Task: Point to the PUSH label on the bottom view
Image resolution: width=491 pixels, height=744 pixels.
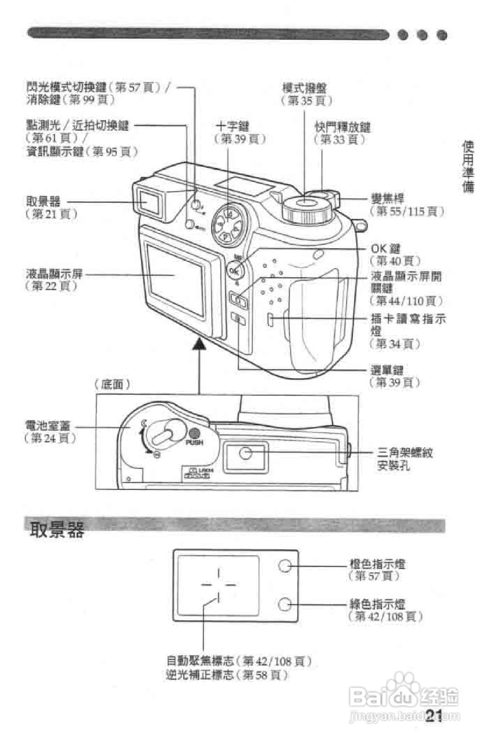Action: point(194,443)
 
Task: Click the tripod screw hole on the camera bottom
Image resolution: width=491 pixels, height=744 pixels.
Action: point(246,453)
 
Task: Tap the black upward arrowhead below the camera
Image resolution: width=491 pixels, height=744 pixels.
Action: point(199,345)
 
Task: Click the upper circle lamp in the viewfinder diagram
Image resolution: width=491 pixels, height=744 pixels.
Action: point(285,566)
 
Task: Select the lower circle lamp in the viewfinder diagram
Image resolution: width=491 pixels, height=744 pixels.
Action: point(285,604)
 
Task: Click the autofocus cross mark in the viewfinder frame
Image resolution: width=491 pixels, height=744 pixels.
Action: point(218,584)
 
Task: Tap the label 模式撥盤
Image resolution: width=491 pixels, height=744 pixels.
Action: point(304,88)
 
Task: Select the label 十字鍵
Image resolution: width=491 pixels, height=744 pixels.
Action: point(232,127)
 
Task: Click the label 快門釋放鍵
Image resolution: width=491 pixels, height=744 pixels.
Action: point(343,127)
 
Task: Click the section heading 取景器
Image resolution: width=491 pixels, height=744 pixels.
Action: point(57,530)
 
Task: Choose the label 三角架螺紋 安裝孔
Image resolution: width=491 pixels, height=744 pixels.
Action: point(405,459)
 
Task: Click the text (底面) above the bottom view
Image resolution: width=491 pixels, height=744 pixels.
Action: point(112,384)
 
